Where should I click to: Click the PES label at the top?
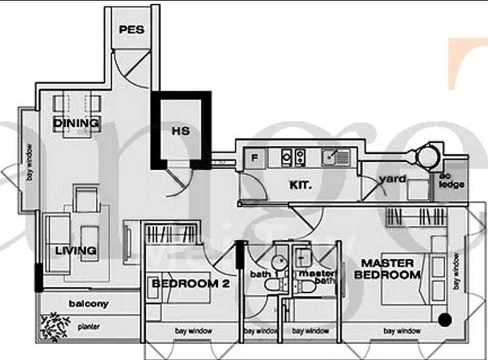[132, 29]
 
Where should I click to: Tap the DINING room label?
[76, 123]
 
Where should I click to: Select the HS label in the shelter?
[180, 131]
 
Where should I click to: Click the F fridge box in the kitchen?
[255, 158]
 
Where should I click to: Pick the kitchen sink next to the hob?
[335, 157]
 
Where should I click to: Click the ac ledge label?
[452, 181]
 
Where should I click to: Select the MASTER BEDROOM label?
[388, 269]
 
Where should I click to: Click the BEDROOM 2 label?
[185, 284]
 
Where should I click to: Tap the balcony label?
[88, 303]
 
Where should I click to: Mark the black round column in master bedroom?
[446, 319]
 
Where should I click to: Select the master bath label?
[314, 278]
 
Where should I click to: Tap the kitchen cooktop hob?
[293, 157]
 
